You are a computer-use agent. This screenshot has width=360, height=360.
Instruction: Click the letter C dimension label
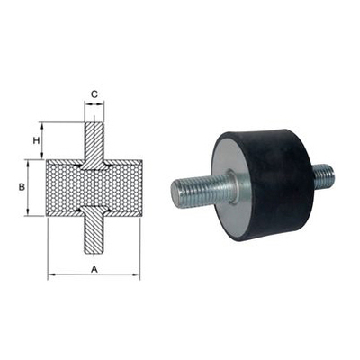click(x=94, y=93)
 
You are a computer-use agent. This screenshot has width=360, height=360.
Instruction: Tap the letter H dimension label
click(x=37, y=141)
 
